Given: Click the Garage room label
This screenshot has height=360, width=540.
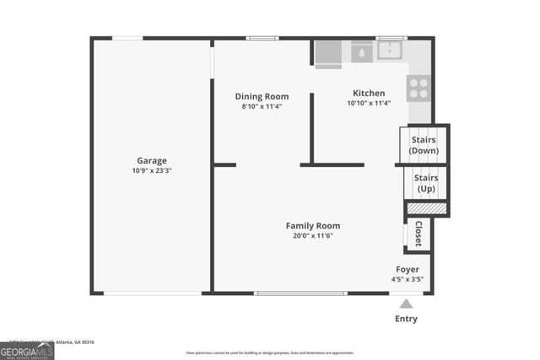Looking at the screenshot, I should tap(152, 160).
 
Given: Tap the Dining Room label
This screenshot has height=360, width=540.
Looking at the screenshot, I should tap(262, 96).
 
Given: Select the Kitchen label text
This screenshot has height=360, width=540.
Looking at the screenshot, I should tap(369, 93).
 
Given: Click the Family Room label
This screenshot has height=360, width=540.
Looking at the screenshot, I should tap(313, 225).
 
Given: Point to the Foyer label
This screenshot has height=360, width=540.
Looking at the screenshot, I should tap(407, 268).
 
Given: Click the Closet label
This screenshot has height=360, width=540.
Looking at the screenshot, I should tap(418, 234).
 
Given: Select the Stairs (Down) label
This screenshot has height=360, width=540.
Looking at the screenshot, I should tap(424, 145).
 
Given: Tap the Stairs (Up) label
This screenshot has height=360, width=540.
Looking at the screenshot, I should tap(426, 183).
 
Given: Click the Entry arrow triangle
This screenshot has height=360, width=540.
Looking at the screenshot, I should tap(406, 304).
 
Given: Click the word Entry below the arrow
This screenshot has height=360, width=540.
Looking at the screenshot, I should tap(406, 319).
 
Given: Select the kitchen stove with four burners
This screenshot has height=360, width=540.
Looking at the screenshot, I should tap(418, 89).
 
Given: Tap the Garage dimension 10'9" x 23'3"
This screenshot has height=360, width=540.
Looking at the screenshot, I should tap(152, 171).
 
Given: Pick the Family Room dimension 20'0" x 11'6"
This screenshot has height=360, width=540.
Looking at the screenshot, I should tap(313, 236).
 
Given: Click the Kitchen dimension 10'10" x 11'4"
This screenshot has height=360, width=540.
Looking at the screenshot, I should tap(369, 104).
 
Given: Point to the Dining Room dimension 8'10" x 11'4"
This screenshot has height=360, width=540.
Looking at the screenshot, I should tap(262, 107).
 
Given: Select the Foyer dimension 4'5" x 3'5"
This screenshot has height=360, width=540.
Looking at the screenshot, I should tap(407, 279).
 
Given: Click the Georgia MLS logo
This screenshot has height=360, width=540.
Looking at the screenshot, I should tap(27, 350).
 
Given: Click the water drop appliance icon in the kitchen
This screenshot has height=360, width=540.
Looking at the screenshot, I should tap(361, 51).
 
